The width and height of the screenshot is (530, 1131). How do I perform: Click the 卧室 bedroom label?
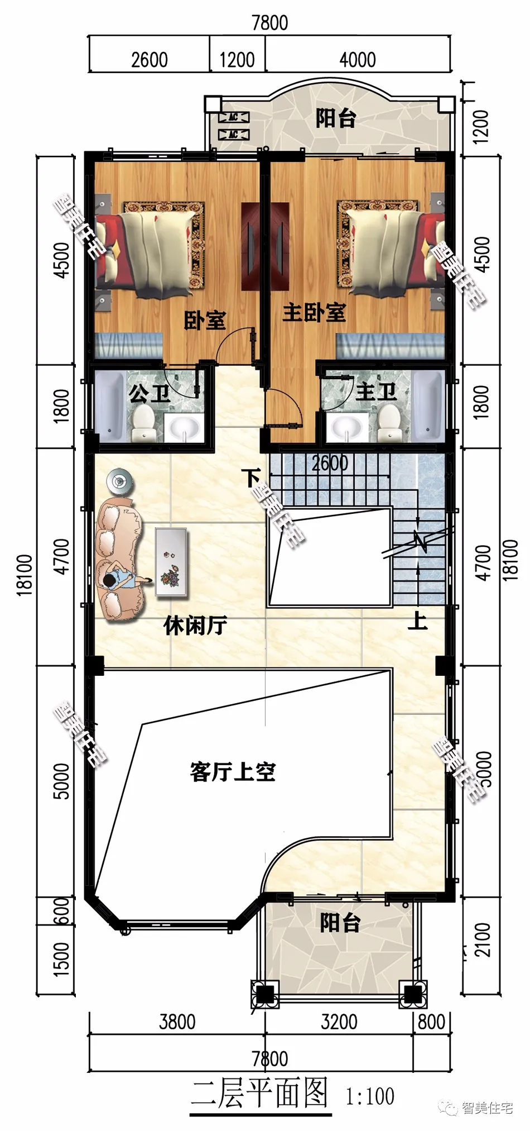coord(205,321)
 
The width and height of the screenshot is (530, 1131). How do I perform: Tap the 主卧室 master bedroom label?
coord(314,313)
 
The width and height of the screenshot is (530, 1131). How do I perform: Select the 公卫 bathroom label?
coord(149,394)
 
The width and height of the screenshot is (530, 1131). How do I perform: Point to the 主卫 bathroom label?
coord(376,391)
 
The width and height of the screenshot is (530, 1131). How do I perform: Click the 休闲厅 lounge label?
coord(195,626)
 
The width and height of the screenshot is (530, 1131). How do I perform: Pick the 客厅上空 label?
coord(233,772)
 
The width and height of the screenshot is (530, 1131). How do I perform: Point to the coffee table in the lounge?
coord(171,561)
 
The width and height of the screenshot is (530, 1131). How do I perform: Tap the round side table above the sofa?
coord(120,481)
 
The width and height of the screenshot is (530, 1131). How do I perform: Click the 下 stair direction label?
coord(251,478)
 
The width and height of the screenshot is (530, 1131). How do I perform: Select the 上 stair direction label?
coord(417,621)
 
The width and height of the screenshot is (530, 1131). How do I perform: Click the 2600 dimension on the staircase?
coord(330,463)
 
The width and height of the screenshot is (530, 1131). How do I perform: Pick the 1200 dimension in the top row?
coord(237,60)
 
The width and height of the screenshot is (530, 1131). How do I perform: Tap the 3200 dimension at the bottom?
coord(339,1022)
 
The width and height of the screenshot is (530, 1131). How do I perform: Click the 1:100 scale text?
coord(370,1096)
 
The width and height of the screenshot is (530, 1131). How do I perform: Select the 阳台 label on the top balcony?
coord(335,118)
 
